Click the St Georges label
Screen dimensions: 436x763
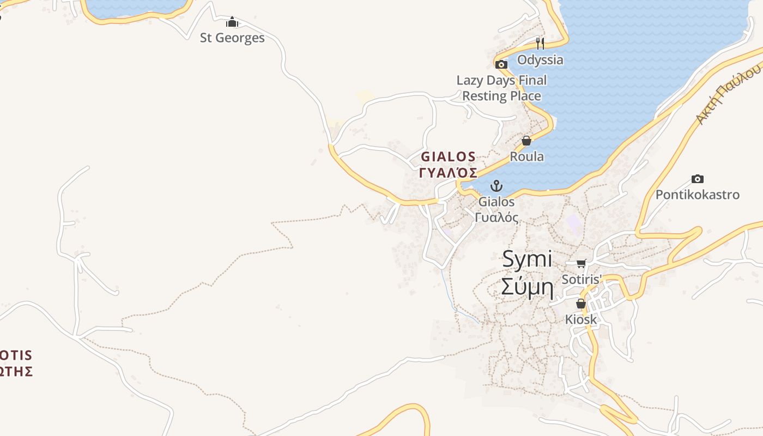232,38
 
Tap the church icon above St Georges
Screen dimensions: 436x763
232,22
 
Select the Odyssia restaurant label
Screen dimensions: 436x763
540,59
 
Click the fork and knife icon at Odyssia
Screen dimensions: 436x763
540,43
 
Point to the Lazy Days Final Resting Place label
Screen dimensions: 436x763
501,88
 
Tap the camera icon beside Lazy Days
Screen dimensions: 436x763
501,64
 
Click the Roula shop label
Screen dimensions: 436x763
526,156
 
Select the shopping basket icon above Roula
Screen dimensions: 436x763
526,141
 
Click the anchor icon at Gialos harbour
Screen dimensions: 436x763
496,186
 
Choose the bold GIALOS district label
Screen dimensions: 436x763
448,157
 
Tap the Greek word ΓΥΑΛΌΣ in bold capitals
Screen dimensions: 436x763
448,173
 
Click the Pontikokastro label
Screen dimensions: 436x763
697,195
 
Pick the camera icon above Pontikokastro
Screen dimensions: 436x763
697,179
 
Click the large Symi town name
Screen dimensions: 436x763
527,259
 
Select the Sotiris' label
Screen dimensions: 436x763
582,280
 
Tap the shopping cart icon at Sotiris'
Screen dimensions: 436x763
582,264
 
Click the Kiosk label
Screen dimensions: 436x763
581,319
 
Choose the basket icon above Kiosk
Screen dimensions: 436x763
581,304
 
